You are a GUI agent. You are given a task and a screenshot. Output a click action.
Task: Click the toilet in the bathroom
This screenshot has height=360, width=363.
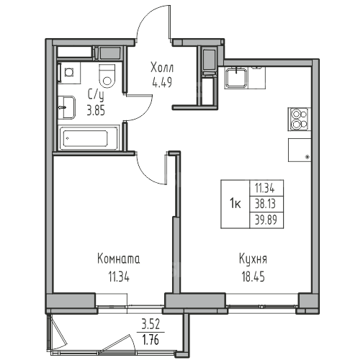(x=107, y=76)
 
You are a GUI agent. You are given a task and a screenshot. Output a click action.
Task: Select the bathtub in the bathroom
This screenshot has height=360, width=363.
(x=89, y=138)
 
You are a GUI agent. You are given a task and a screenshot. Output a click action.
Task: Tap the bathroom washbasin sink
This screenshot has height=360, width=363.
(x=67, y=107)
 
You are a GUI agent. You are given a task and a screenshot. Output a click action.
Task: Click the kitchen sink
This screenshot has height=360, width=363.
(x=236, y=77)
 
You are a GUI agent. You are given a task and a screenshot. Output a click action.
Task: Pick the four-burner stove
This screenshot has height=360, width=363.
(x=300, y=120)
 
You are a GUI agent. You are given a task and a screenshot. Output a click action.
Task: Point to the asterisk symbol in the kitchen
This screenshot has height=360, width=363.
(x=307, y=157)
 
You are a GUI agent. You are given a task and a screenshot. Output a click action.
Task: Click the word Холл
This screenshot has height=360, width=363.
(x=162, y=68)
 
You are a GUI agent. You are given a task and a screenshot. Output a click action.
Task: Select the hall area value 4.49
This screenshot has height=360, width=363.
(x=162, y=83)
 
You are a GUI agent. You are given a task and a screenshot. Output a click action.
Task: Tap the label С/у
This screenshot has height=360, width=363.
(x=96, y=96)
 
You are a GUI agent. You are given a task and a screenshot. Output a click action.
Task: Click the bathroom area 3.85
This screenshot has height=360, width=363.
(x=96, y=111)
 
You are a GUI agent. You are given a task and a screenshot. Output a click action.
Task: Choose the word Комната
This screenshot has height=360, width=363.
(x=119, y=259)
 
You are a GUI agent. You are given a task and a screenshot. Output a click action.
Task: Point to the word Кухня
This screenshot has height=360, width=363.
(x=253, y=259)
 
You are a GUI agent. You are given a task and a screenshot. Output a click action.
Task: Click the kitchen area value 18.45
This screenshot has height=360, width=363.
(x=253, y=276)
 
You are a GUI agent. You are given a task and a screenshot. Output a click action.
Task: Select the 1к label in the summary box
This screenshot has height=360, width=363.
(x=236, y=204)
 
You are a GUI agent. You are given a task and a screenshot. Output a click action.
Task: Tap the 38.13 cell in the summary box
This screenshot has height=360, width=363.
(x=265, y=204)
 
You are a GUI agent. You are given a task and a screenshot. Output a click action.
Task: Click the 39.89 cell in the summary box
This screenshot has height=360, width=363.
(x=266, y=220)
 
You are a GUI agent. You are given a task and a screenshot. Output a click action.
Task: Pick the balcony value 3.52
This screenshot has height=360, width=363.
(x=151, y=325)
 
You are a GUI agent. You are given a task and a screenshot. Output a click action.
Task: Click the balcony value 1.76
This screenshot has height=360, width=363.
(x=151, y=340)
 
